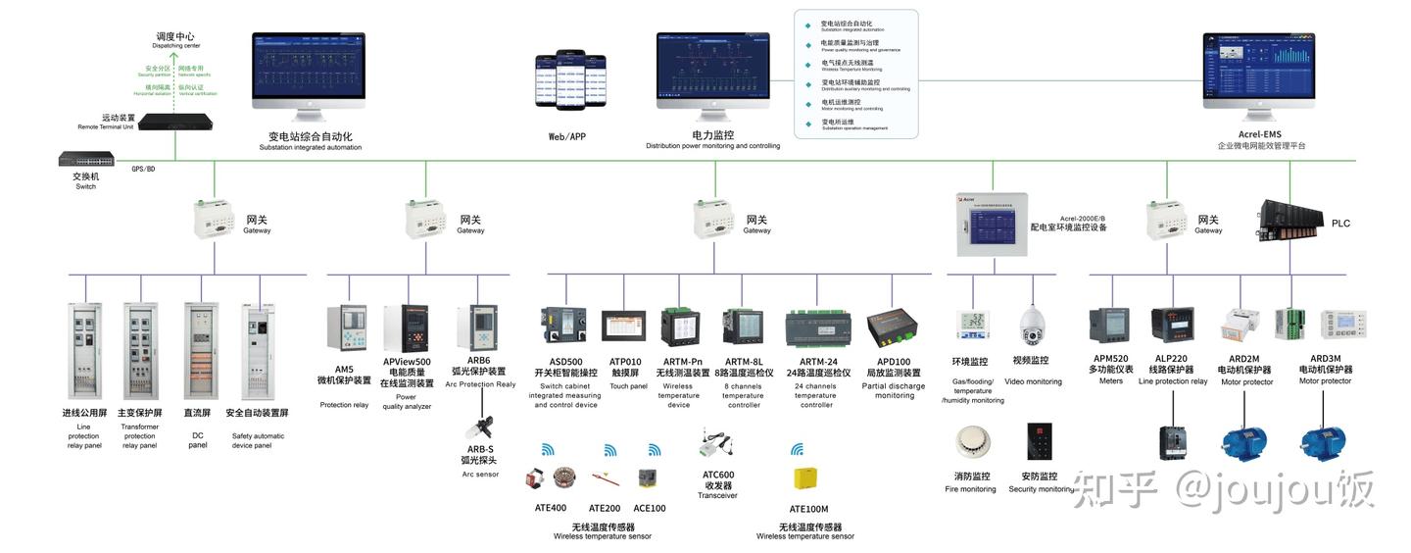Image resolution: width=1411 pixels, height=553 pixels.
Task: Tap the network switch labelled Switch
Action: coord(86,160)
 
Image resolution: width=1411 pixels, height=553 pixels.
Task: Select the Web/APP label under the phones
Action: coord(569,137)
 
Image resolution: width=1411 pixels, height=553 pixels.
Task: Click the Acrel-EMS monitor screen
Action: coord(1258,71)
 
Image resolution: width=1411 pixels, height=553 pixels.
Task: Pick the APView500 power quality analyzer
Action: coord(406,328)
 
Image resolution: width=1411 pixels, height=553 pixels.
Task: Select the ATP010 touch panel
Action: coord(624,326)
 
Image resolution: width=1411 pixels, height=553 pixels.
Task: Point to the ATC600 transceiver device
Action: coord(716,446)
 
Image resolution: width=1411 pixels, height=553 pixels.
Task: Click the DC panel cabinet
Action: coord(200,350)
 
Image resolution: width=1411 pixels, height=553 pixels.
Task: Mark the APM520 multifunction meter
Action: coord(1109,326)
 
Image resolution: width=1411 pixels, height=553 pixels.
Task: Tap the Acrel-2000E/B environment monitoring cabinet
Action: coord(991,224)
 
